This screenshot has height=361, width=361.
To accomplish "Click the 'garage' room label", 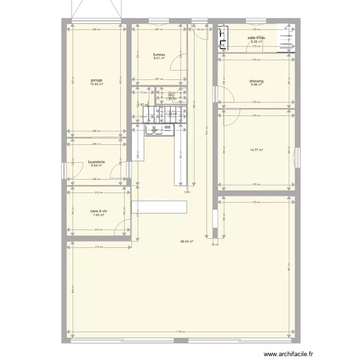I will (96, 80).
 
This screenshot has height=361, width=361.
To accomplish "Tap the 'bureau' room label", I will (159, 54).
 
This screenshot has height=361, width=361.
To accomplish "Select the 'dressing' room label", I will (256, 81).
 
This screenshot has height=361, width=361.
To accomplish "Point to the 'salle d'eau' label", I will (256, 38).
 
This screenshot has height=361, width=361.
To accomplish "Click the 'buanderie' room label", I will (96, 162).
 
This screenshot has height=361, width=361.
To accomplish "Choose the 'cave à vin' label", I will (99, 211).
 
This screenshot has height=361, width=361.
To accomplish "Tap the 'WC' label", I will (171, 95).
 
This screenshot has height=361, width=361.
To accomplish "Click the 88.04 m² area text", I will (187, 242).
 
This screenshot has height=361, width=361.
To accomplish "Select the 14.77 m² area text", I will (256, 150).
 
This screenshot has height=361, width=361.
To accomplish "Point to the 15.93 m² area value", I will (96, 85).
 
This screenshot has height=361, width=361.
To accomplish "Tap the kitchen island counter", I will (159, 207).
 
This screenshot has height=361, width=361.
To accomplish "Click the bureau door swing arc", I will (179, 76).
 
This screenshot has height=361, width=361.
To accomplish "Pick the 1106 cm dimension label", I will (180, 331).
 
